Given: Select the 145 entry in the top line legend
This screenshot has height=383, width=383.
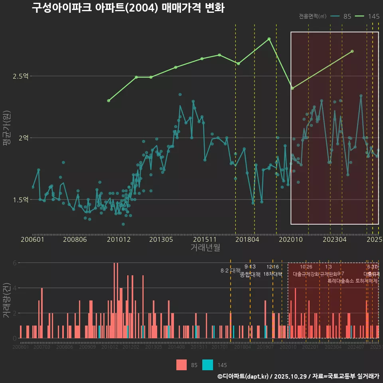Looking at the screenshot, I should coord(373,16).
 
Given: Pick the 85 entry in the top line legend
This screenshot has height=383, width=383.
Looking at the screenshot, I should coord(347,16).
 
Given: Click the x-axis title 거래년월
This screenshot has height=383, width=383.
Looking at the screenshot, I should coord(205,247).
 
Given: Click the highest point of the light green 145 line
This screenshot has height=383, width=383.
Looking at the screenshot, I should coord(269,39).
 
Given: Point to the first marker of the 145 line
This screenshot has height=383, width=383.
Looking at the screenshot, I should coord(109,101).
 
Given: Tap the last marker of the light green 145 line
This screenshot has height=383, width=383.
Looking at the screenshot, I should coord(352,51).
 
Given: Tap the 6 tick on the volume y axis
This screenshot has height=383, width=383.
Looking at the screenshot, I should coord(15,263).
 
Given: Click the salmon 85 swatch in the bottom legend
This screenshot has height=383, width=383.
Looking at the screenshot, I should coord(182,365).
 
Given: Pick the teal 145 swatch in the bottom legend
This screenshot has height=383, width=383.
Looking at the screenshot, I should coord(207,365).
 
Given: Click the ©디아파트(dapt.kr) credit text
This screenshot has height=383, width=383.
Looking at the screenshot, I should coord(243,376).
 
